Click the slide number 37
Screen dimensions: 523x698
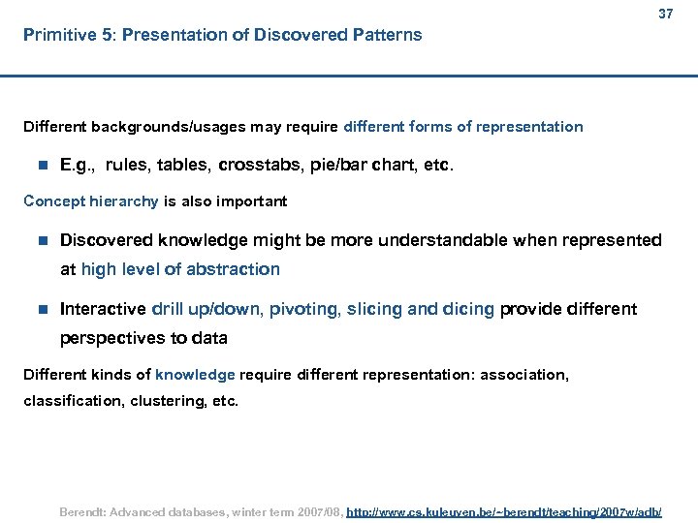point(664,15)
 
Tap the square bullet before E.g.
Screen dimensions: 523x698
point(41,166)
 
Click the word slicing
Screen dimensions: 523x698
point(376,309)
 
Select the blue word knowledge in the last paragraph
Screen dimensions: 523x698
point(195,374)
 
